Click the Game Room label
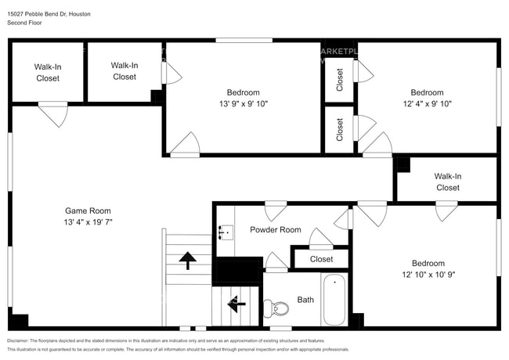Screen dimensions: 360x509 87,211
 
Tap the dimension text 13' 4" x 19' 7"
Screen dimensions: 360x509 87,221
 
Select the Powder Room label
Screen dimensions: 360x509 275,230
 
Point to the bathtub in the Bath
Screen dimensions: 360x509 334,300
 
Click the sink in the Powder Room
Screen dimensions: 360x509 226,231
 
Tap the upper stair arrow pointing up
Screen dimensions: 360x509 188,260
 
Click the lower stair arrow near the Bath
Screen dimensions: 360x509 234,304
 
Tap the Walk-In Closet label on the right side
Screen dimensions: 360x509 447,182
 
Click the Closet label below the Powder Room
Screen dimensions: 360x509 321,259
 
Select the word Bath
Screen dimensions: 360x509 305,301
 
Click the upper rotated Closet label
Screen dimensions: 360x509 340,80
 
